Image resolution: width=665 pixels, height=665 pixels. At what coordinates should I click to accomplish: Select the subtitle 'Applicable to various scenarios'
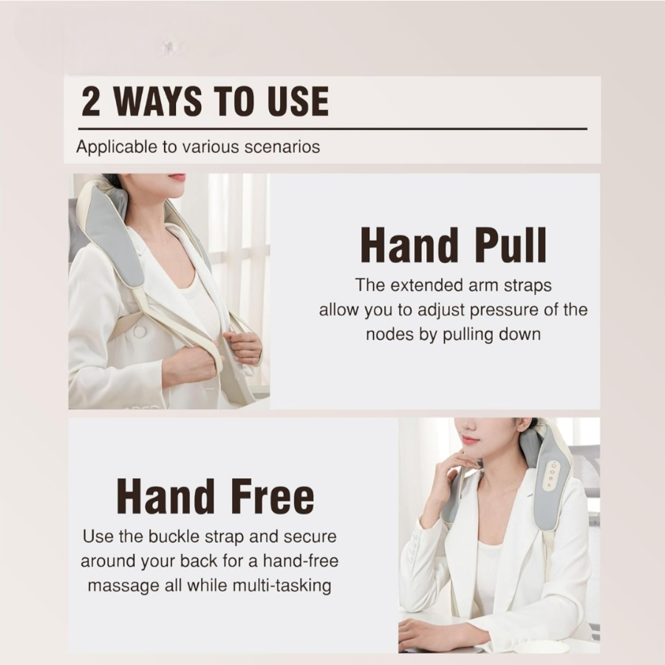coord(198,146)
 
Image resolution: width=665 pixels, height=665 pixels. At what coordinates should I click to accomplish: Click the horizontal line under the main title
coord(332,129)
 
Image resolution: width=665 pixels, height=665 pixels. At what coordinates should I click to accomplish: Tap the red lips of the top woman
coord(177,178)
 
